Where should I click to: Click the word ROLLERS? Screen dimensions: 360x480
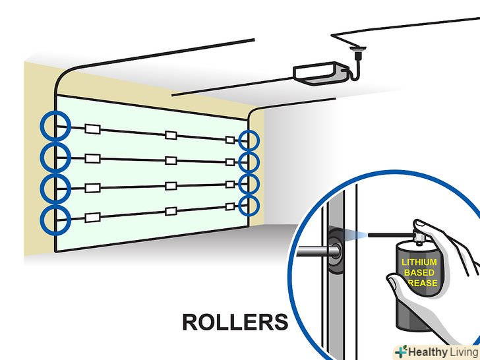235,322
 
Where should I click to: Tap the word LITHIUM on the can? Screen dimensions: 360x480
419,262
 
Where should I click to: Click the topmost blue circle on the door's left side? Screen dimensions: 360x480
55,126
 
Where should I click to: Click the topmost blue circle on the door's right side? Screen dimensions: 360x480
249,140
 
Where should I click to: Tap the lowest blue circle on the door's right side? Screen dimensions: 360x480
249,205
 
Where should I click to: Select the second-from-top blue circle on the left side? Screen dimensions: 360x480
55,157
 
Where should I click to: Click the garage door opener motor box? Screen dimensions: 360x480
316,71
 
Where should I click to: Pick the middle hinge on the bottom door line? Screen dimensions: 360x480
170,212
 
